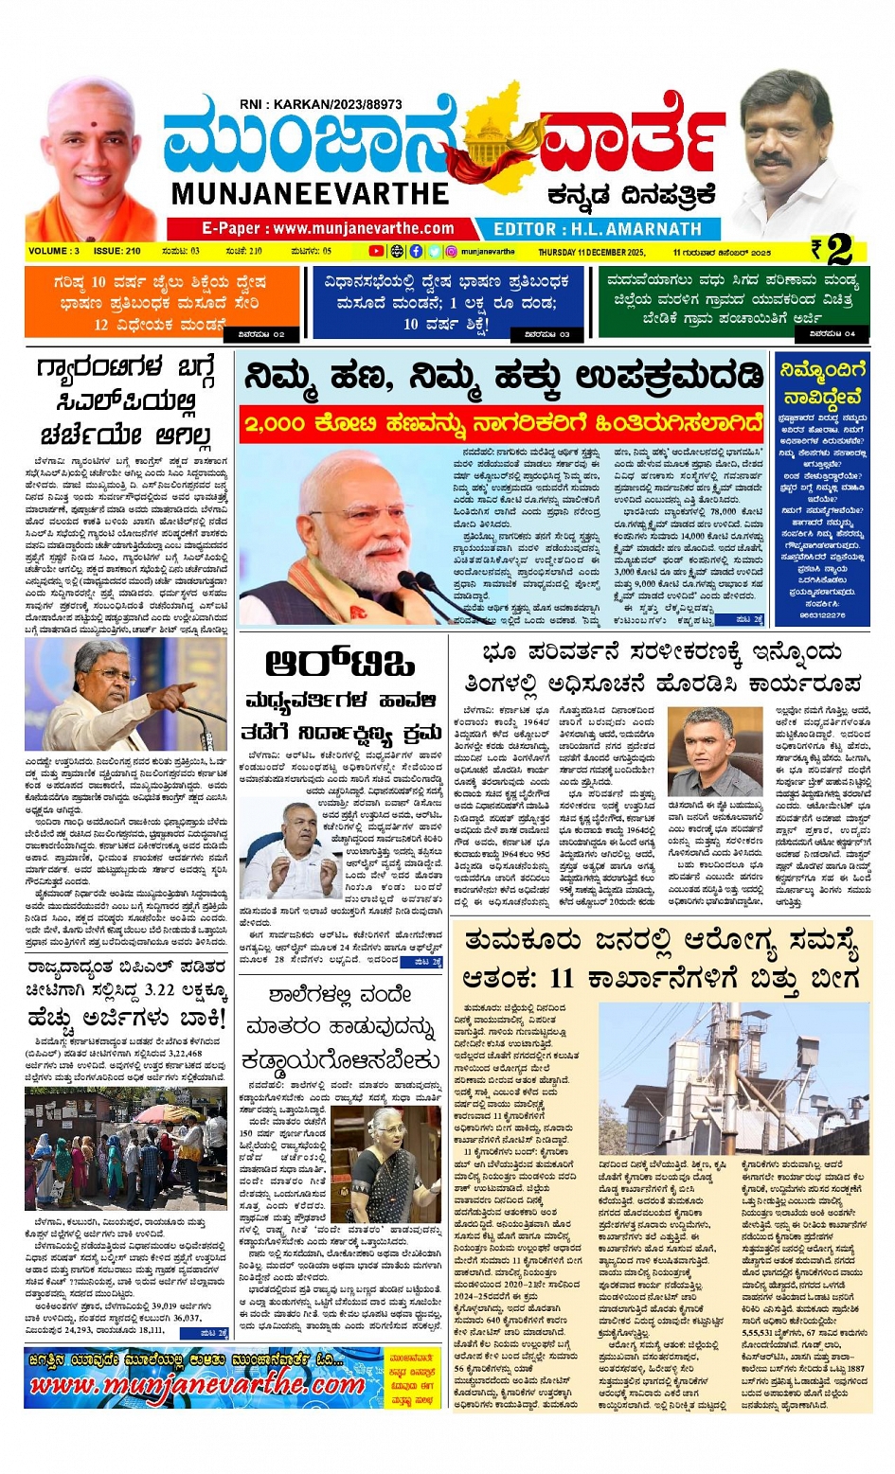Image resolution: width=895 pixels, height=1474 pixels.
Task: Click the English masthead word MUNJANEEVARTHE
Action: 310,193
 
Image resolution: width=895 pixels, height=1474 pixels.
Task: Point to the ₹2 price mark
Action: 832,250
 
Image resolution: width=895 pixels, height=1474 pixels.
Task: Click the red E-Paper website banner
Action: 327,228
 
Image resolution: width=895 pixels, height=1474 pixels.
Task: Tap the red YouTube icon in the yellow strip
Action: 376,252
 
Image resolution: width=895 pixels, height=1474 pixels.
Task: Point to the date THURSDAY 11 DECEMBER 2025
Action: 591,253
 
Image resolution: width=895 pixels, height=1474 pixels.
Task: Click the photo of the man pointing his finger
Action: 125,695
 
